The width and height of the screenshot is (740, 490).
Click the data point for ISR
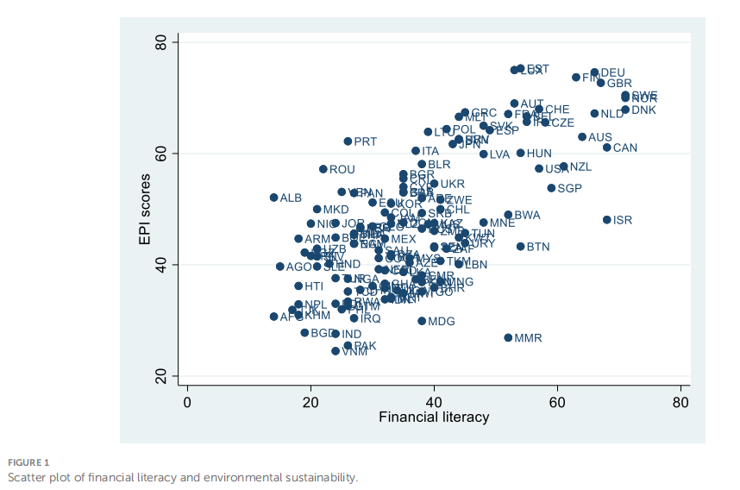(x=606, y=220)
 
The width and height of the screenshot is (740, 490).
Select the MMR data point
(x=508, y=337)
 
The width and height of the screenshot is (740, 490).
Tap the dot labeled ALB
(x=273, y=198)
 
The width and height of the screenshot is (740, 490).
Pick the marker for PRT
(x=348, y=141)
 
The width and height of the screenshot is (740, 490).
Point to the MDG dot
(x=422, y=321)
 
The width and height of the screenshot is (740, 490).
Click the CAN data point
(x=606, y=148)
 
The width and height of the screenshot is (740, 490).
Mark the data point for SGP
(x=551, y=188)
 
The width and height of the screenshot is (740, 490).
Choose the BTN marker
(x=520, y=247)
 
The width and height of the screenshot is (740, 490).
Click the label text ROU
(x=342, y=170)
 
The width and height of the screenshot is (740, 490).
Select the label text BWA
(x=527, y=215)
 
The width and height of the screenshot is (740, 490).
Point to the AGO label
(x=299, y=267)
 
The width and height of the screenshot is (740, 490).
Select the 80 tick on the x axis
(x=680, y=401)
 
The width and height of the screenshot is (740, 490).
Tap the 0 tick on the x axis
(x=187, y=401)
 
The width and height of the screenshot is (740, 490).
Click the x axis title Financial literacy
(x=434, y=418)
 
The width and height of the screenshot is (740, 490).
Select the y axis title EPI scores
(x=146, y=209)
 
